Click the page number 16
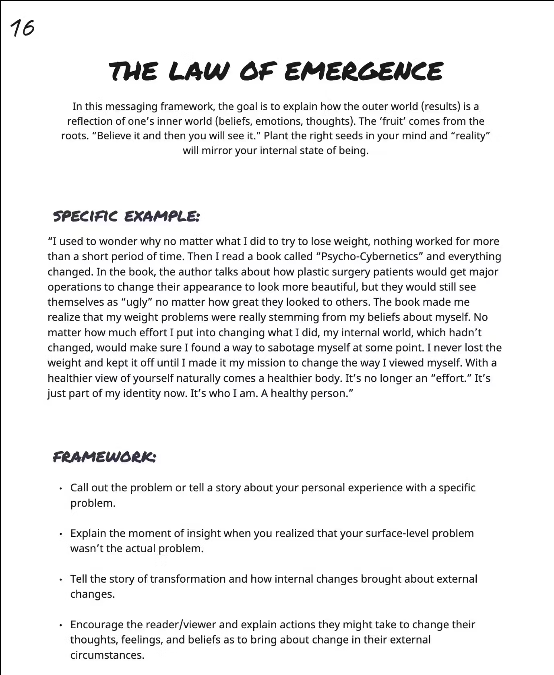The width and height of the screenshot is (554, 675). pyautogui.click(x=23, y=28)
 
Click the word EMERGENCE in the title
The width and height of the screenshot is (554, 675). pyautogui.click(x=363, y=71)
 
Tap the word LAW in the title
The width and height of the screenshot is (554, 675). pyautogui.click(x=198, y=71)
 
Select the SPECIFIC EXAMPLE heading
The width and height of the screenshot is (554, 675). pyautogui.click(x=126, y=216)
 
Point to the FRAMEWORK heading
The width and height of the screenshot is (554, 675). pyautogui.click(x=104, y=457)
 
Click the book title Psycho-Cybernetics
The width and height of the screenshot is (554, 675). pyautogui.click(x=370, y=257)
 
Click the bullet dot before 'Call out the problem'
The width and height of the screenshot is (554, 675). pyautogui.click(x=60, y=489)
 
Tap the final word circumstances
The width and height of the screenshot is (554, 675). pyautogui.click(x=107, y=655)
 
